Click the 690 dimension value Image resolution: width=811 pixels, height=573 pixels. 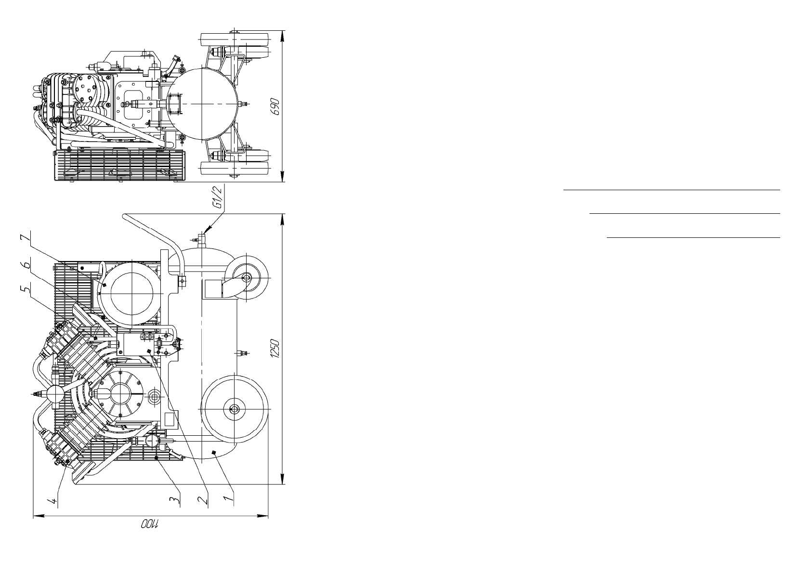(x=275, y=106)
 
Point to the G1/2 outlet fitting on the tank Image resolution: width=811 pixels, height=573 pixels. (x=202, y=237)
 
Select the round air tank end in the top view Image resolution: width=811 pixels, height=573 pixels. (x=204, y=104)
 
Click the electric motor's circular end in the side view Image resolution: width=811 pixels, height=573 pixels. (x=132, y=293)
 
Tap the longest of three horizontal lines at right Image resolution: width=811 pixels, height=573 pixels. (x=671, y=191)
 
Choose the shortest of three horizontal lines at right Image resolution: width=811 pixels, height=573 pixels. (x=693, y=237)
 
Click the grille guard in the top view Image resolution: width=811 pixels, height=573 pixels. (x=118, y=166)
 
